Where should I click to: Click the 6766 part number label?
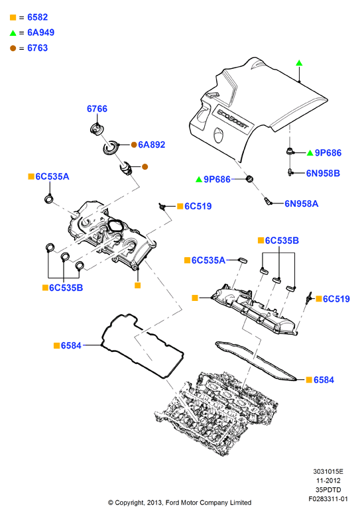click(x=97, y=109)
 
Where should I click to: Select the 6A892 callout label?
click(x=151, y=144)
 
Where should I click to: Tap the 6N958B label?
click(x=323, y=174)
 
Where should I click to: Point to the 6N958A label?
click(x=301, y=203)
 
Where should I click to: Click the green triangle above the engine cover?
click(x=299, y=63)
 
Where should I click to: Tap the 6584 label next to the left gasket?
click(x=71, y=345)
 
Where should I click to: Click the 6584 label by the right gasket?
click(x=324, y=380)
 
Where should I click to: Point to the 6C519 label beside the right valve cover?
click(x=336, y=299)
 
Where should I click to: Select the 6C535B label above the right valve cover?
click(x=282, y=241)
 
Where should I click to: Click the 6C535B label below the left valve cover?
click(x=66, y=288)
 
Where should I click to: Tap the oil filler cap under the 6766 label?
click(x=96, y=129)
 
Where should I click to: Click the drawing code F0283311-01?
click(x=328, y=499)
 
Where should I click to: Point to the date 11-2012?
click(x=328, y=481)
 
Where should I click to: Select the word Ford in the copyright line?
click(x=173, y=503)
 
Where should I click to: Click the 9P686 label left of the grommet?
click(x=217, y=180)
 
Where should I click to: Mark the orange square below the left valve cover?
click(x=138, y=286)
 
